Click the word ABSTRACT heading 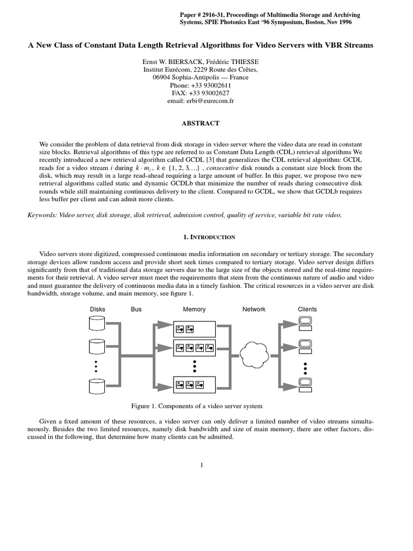tap(201, 123)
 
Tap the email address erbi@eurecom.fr tap(214, 101)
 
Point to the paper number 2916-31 tap(216, 15)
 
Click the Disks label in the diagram tap(97, 309)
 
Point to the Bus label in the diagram tap(136, 309)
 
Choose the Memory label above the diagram tap(194, 309)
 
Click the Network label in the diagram tap(254, 309)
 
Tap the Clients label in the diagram tap(307, 309)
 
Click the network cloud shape tap(255, 352)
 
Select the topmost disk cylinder tap(97, 323)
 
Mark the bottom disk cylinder tap(97, 385)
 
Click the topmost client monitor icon tap(305, 322)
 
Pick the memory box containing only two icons tap(194, 328)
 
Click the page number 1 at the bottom tap(201, 465)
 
